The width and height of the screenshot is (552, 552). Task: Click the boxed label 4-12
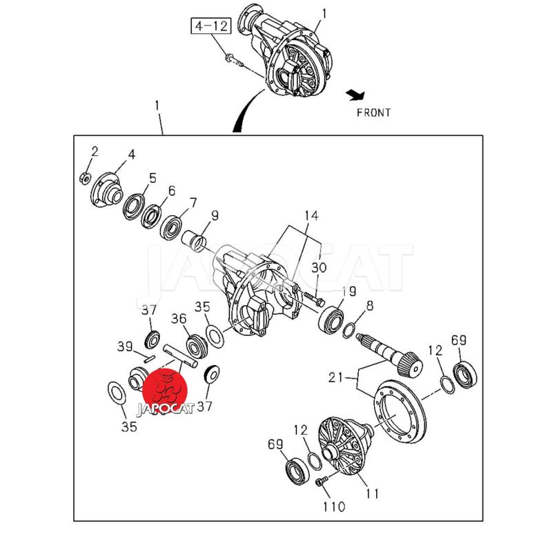coord(211,28)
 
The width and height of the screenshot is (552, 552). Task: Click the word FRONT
coord(373,112)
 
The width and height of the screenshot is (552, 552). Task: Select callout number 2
coord(95,151)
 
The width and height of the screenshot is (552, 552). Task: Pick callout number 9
coord(215,216)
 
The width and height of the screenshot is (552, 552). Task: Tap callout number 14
coord(312,216)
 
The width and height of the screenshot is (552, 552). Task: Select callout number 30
coord(319,268)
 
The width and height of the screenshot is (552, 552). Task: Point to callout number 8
coord(371,306)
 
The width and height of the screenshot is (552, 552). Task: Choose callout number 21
coord(335,378)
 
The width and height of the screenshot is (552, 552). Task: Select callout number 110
coord(333,507)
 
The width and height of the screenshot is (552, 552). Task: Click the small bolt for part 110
coord(320,483)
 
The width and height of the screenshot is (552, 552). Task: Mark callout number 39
coord(124,346)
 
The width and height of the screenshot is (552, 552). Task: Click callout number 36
coord(179,318)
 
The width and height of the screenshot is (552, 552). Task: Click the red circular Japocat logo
coord(169,389)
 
